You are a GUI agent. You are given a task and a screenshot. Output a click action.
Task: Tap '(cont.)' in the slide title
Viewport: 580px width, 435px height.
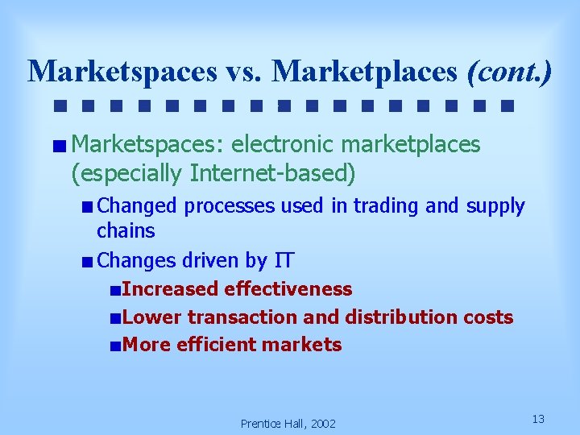[x=509, y=72]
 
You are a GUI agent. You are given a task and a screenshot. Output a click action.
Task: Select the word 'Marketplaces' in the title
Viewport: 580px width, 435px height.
[x=367, y=72]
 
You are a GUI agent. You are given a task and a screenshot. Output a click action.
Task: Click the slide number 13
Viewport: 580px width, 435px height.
[x=539, y=419]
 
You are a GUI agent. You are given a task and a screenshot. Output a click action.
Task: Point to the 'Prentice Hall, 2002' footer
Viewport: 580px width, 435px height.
[x=288, y=424]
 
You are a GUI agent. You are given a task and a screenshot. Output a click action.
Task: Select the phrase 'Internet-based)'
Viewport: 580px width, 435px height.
[x=272, y=172]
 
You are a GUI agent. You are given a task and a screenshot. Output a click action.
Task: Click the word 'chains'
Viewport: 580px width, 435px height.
[x=126, y=231]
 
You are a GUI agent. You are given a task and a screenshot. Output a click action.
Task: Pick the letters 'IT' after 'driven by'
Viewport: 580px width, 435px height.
[x=284, y=261]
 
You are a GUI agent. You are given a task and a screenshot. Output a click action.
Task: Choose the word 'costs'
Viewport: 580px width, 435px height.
[x=488, y=317]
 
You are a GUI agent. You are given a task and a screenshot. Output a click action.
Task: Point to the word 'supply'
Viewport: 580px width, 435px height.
[x=495, y=207]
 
